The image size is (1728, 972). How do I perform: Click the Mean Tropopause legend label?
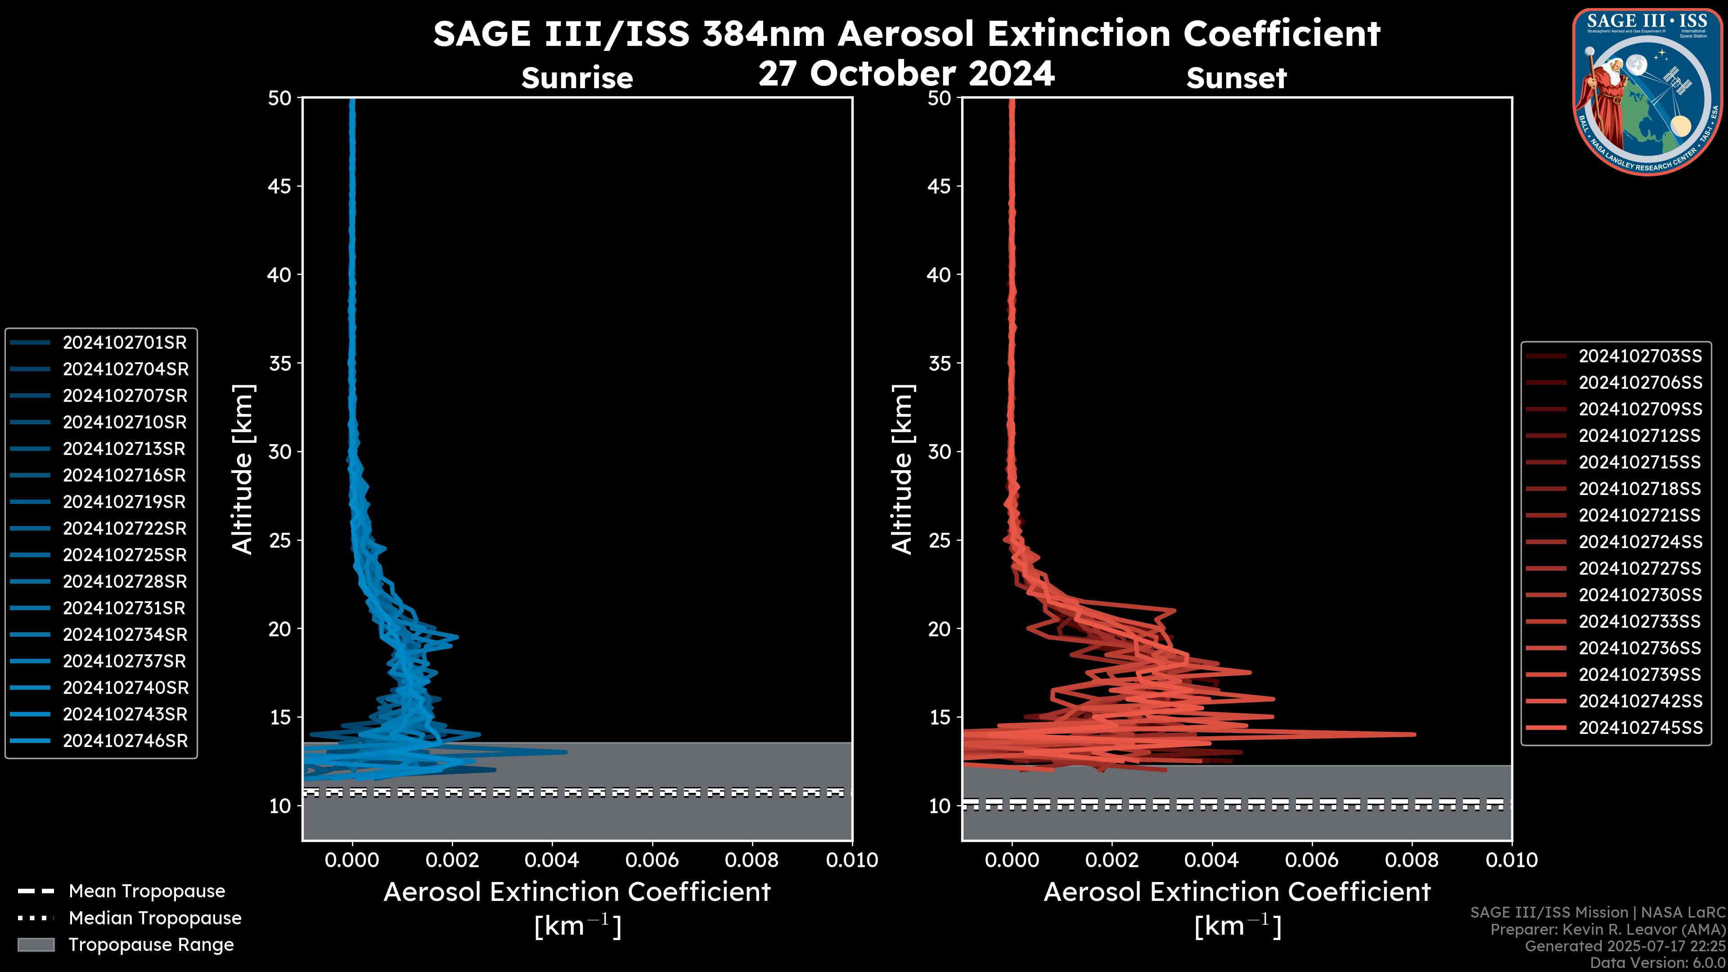click(x=147, y=891)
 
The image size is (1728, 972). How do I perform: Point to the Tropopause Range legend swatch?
click(x=36, y=945)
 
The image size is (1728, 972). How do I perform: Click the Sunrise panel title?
click(x=577, y=78)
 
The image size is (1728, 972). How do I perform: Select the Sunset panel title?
click(x=1236, y=78)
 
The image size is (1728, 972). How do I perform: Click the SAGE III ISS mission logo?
click(x=1647, y=91)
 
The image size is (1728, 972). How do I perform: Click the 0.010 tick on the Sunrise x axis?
click(x=851, y=860)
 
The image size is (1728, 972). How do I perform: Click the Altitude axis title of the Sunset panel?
click(x=902, y=469)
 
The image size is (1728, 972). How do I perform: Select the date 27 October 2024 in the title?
click(x=906, y=74)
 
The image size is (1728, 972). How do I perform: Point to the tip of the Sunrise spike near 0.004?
click(x=566, y=752)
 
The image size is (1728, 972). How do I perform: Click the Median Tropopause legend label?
click(x=155, y=918)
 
